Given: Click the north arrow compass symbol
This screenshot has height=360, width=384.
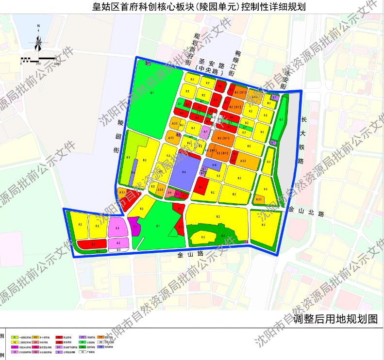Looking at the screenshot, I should pos(38,43).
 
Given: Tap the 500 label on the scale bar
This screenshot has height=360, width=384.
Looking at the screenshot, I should pos(56,64).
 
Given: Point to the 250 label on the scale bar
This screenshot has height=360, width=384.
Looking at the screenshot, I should pos(38,64).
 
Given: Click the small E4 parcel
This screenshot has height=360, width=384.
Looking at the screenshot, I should pos(246,242).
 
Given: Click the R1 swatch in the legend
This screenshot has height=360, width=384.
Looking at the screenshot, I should pos(15,336).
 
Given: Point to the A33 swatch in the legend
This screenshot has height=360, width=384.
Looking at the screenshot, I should pos(36,336).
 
